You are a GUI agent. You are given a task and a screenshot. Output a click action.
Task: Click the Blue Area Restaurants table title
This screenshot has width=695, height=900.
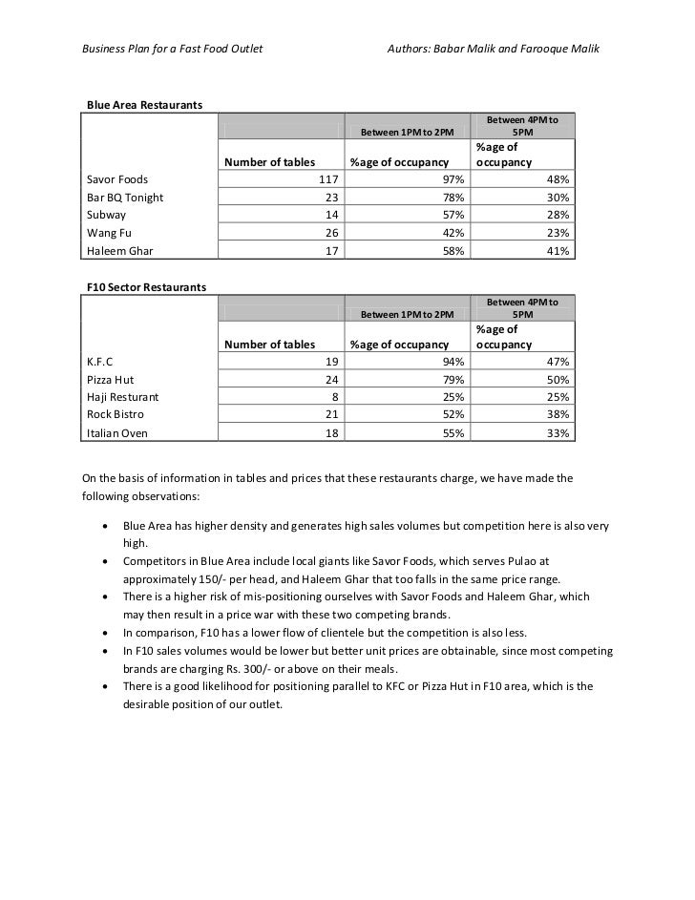(143, 103)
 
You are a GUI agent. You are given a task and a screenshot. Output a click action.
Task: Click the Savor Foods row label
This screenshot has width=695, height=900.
(117, 178)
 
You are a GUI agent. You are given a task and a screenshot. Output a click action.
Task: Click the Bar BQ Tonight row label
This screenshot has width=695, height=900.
(125, 197)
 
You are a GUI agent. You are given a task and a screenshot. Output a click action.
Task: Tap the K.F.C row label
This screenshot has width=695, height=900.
(100, 361)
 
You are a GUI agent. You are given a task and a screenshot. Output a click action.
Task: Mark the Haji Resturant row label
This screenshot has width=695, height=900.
(123, 396)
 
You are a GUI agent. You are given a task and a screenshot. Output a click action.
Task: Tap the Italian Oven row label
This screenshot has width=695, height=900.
(117, 433)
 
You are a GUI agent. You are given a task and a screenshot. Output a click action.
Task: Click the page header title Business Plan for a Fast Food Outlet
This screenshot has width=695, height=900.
(171, 48)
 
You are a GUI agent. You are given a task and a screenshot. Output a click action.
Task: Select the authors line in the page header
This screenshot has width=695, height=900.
(493, 48)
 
